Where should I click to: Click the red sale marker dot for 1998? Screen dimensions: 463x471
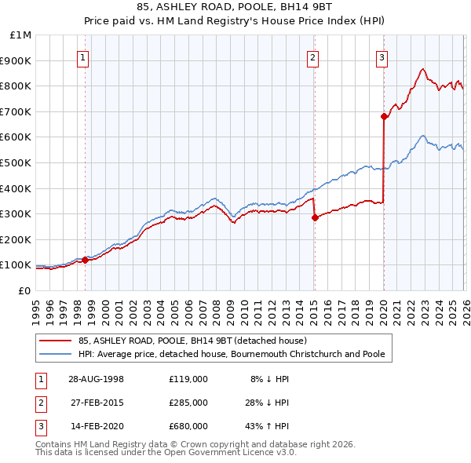pyautogui.click(x=86, y=260)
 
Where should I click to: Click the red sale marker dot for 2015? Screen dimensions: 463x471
pyautogui.click(x=314, y=218)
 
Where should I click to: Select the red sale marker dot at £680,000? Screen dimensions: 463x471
pyautogui.click(x=384, y=117)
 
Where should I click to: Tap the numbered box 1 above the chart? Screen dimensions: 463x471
pyautogui.click(x=83, y=57)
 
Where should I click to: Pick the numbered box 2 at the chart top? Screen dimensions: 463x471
pyautogui.click(x=312, y=57)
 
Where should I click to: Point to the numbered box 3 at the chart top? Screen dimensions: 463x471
pyautogui.click(x=382, y=57)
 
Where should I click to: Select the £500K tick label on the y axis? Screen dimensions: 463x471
pyautogui.click(x=17, y=163)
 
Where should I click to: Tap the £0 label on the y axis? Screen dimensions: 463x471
pyautogui.click(x=24, y=290)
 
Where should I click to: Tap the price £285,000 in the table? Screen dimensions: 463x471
pyautogui.click(x=188, y=403)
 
